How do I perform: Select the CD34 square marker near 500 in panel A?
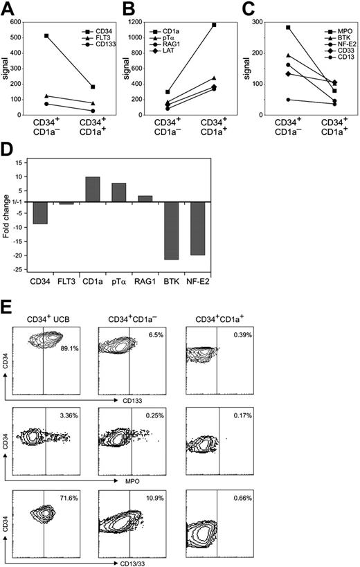click(x=48, y=36)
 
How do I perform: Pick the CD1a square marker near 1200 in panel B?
click(x=215, y=25)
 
